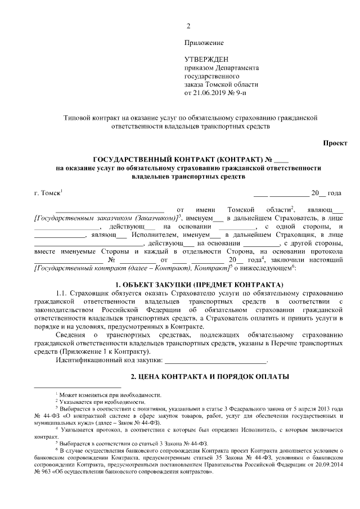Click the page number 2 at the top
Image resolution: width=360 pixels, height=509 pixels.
pyautogui.click(x=188, y=26)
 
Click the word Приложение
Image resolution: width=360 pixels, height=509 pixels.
pyautogui.click(x=204, y=43)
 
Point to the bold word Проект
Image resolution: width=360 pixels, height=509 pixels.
pyautogui.click(x=334, y=143)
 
